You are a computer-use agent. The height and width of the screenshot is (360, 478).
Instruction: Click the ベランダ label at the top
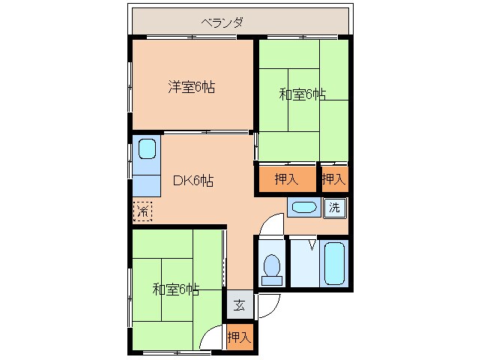tap(222, 21)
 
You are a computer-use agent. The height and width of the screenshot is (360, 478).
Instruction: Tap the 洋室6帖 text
tap(191, 87)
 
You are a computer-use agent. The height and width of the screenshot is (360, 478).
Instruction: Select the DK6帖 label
tap(193, 181)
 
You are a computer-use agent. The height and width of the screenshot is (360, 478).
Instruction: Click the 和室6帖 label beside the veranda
tap(303, 94)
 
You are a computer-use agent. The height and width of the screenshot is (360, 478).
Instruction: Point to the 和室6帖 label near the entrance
tap(176, 289)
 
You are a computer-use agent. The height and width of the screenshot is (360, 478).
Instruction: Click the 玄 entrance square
tap(239, 304)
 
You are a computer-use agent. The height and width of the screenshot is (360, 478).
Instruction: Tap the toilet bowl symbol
tap(271, 266)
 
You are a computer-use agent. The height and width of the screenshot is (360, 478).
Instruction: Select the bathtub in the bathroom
tap(334, 262)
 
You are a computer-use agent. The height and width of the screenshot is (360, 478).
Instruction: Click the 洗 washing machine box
tap(335, 208)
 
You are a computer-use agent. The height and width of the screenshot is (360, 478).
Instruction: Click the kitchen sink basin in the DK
tap(147, 149)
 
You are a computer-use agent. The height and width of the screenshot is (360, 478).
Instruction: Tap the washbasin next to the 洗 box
tap(303, 208)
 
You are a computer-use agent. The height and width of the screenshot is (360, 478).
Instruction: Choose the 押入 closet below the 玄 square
tap(239, 336)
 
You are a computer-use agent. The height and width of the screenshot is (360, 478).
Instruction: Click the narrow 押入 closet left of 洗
tap(333, 179)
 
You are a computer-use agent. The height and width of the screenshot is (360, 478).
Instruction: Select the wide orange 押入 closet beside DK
tap(285, 179)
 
